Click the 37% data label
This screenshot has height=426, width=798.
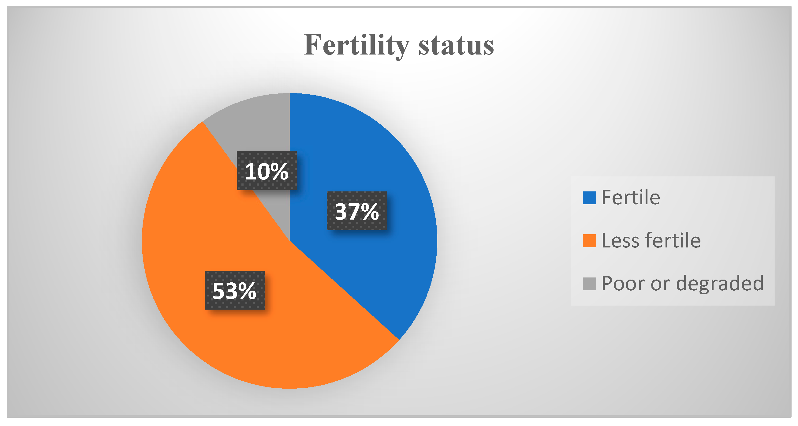coord(357,211)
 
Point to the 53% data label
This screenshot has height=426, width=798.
coord(234,291)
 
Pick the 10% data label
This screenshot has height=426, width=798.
coord(267,171)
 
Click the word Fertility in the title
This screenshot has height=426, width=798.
coord(356,46)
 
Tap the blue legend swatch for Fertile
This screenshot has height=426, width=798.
coord(589,198)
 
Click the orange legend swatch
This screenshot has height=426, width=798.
coord(589,241)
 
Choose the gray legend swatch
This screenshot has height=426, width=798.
coord(589,284)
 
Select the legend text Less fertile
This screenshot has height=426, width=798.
coord(651,240)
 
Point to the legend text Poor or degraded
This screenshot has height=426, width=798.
coord(682,283)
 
